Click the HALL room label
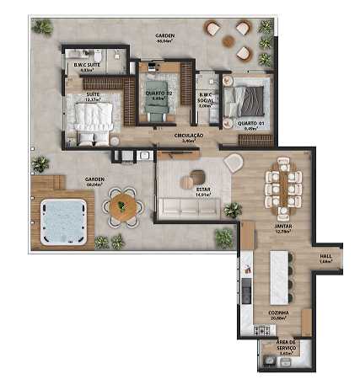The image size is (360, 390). (x=325, y=258)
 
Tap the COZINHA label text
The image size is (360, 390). (x=279, y=314)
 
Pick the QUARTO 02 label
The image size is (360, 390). (x=158, y=94)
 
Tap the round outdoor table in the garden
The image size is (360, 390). (x=124, y=206)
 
